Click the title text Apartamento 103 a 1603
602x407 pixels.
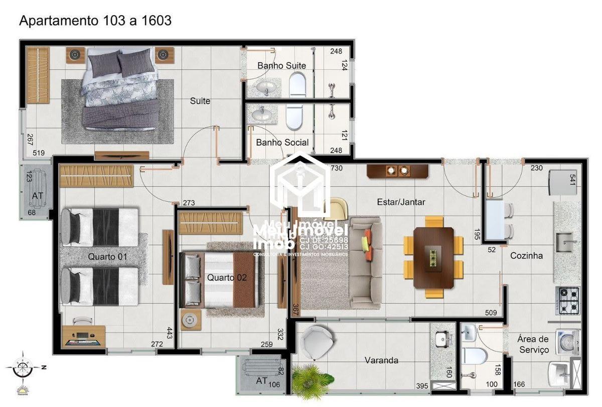point(95,21)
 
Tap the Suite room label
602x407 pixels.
point(200,101)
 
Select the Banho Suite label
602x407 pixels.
point(281,66)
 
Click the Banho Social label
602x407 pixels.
point(282,143)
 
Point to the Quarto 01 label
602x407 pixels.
point(108,257)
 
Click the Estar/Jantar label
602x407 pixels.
point(401,202)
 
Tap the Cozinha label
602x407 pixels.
point(526,255)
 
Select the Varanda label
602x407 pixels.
point(381,360)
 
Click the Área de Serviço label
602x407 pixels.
point(534,344)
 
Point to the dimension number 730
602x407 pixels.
point(337,168)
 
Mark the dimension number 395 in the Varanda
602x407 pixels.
point(422,386)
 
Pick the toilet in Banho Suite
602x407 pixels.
point(297,84)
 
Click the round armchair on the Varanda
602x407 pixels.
point(317,342)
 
